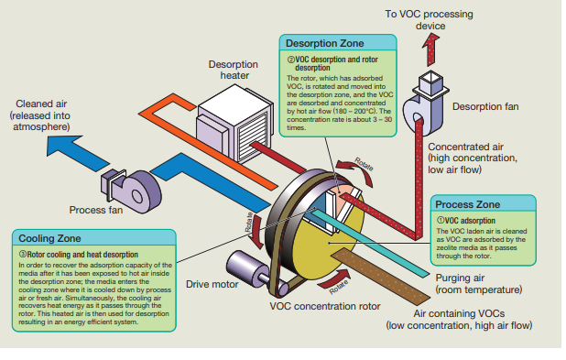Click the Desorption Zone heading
324,43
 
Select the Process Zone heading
467,204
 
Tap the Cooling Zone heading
49,238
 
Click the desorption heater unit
234,123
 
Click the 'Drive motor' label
212,285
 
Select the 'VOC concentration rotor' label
325,306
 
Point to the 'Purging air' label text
460,278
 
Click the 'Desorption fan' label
485,106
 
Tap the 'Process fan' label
96,210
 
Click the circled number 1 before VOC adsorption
441,220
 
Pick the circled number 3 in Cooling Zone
22,255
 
